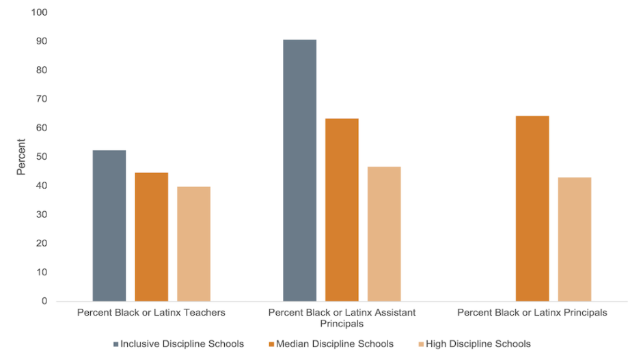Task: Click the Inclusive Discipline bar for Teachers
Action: [x=109, y=225]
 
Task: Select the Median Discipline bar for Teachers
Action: [x=151, y=236]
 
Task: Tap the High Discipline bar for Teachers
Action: [x=193, y=243]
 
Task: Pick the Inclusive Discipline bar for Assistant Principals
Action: [x=300, y=170]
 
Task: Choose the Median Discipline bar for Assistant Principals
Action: [x=342, y=210]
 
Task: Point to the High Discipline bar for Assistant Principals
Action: [x=384, y=234]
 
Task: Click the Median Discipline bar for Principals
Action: [x=532, y=208]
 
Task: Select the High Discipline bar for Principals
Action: [x=575, y=239]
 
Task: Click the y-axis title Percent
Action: [x=21, y=157]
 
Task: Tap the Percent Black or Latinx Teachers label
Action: [x=151, y=313]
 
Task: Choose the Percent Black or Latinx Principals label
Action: [x=532, y=313]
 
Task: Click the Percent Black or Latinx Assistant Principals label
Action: [x=342, y=318]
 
